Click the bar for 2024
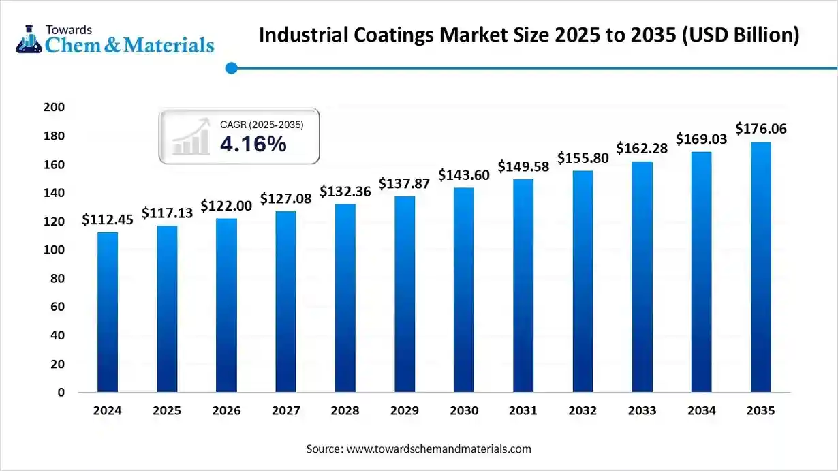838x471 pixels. (108, 312)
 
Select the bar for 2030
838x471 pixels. (464, 290)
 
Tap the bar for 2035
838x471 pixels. (761, 267)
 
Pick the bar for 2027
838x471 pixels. (286, 301)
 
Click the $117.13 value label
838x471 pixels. (167, 213)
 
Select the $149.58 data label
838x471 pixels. (523, 167)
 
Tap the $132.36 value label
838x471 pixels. (345, 192)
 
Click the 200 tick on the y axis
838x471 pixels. (54, 108)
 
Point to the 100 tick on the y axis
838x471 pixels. (54, 250)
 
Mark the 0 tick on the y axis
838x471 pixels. (61, 393)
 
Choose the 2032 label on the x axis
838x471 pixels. (583, 411)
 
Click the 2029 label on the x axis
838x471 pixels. (405, 411)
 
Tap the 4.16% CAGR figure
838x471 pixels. (253, 144)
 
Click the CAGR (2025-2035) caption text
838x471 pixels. (262, 125)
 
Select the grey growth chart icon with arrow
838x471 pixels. (191, 137)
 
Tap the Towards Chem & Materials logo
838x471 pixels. (114, 40)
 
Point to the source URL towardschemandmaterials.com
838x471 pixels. (439, 449)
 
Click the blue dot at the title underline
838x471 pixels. (232, 68)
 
